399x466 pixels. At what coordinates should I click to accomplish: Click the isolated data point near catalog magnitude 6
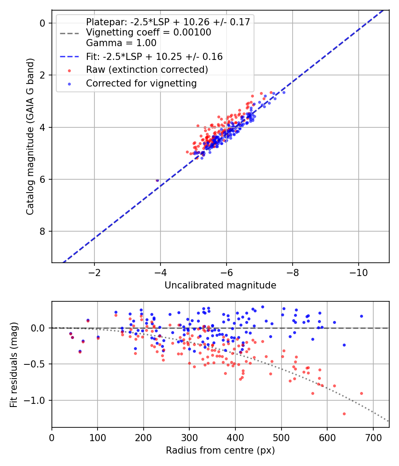click(157, 180)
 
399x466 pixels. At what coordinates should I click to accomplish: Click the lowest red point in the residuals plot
click(344, 414)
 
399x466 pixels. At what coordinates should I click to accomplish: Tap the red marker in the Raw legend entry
click(69, 70)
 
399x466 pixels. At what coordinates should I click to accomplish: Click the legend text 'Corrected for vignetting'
click(141, 83)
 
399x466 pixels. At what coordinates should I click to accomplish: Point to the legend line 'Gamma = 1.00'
click(121, 43)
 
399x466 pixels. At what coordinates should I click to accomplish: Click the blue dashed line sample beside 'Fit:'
click(69, 57)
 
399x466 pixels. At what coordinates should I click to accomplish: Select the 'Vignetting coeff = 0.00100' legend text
click(149, 32)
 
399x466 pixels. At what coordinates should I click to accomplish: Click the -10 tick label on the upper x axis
click(358, 272)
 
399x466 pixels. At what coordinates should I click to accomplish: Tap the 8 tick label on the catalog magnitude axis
click(43, 232)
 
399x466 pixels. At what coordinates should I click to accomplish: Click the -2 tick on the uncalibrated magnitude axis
click(94, 272)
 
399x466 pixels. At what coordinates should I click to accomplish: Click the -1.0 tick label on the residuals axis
click(38, 401)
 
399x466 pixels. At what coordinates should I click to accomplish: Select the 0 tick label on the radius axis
click(52, 437)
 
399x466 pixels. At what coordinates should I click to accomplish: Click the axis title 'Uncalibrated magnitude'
click(220, 285)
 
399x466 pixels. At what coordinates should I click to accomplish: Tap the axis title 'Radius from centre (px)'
click(220, 450)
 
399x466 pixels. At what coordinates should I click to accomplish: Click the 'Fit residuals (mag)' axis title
click(14, 364)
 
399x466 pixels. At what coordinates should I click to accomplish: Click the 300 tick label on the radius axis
click(189, 437)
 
